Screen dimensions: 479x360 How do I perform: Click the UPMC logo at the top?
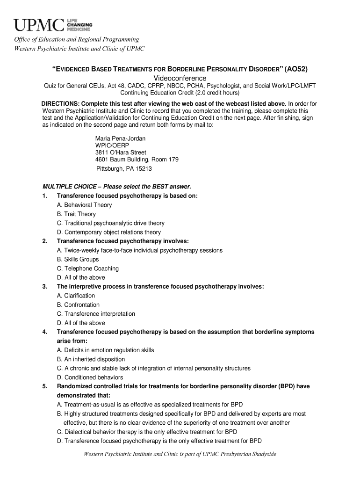point(52,23)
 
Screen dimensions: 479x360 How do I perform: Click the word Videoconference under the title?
point(180,78)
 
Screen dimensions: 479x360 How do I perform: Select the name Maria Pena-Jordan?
point(120,138)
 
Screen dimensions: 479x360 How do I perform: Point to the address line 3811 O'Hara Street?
point(121,152)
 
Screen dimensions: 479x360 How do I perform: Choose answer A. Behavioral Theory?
point(84,205)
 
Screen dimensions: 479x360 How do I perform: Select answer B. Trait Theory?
point(76,214)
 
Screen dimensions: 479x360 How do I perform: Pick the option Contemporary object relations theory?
point(112,232)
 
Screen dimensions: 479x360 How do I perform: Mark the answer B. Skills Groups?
point(78,259)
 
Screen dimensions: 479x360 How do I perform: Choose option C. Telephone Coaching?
point(87,269)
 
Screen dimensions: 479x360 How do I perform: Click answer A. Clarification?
point(76,296)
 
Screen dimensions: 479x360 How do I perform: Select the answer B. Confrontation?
point(78,305)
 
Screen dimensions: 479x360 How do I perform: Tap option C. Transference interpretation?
point(96,314)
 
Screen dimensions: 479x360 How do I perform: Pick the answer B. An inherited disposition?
point(91,359)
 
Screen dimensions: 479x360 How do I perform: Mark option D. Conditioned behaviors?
point(90,377)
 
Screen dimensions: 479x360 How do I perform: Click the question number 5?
point(44,386)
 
